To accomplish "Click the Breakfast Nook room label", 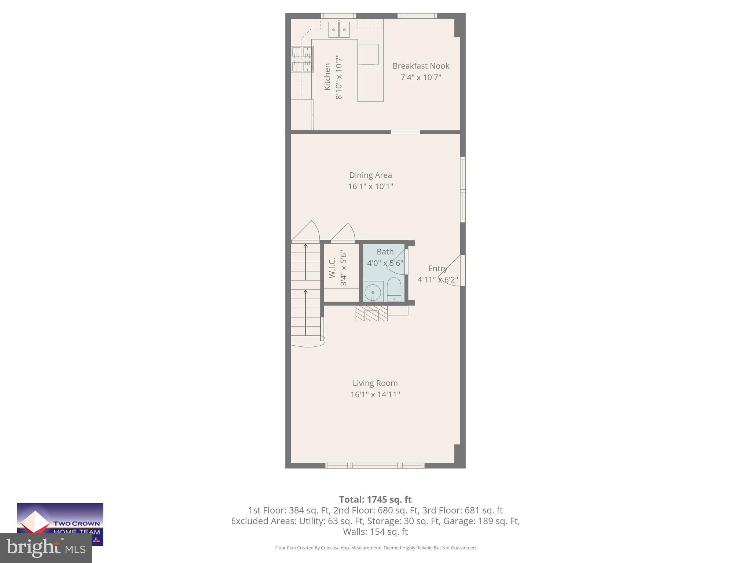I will point(421,66).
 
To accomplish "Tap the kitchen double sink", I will point(339,30).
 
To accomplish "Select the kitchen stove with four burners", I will point(302,59).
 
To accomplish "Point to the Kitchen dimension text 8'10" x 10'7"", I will point(339,77).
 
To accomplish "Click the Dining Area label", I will point(370,175).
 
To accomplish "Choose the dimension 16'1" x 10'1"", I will point(370,187).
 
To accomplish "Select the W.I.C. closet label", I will point(332,268).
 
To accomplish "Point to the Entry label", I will point(437,268).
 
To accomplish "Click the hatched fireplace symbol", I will point(371,314).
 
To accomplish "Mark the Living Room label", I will point(375,383).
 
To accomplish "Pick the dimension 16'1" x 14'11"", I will point(375,395).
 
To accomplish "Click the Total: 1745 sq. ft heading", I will point(375,500).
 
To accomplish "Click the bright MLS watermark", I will point(46,548).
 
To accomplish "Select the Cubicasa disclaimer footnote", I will point(375,548).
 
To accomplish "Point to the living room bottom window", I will point(375,466).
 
